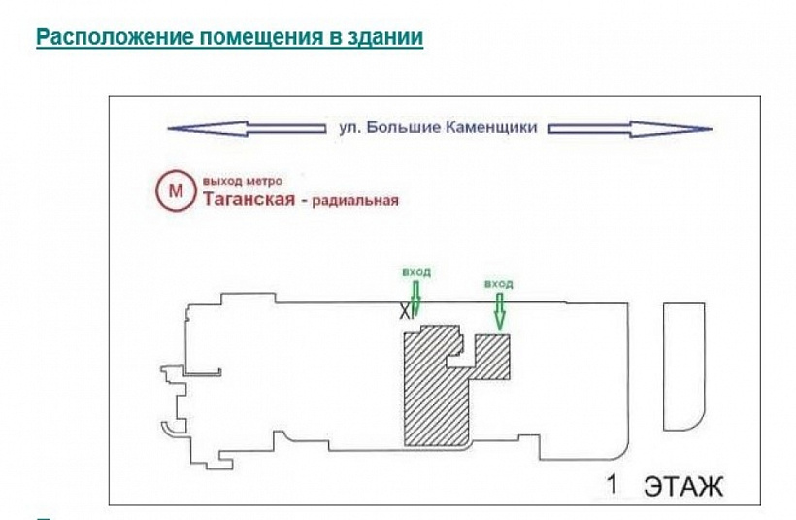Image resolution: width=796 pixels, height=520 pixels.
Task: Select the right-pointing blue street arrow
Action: (x=630, y=128)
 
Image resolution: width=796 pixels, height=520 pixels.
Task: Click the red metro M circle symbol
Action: (x=176, y=191)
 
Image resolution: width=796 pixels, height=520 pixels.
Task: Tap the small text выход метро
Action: (x=243, y=181)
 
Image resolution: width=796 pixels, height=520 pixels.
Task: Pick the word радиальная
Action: (x=355, y=201)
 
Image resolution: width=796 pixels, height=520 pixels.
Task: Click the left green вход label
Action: (x=415, y=271)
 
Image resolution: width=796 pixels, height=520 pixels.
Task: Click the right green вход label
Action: (x=498, y=283)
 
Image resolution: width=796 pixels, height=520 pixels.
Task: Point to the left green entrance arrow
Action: (x=415, y=298)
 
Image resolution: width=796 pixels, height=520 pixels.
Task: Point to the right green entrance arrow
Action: (x=500, y=311)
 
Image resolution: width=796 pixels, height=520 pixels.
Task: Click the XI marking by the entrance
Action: (x=405, y=311)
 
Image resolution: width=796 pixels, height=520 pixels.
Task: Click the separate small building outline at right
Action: (x=684, y=364)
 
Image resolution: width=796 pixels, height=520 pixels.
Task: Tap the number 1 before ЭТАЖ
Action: (x=613, y=483)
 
